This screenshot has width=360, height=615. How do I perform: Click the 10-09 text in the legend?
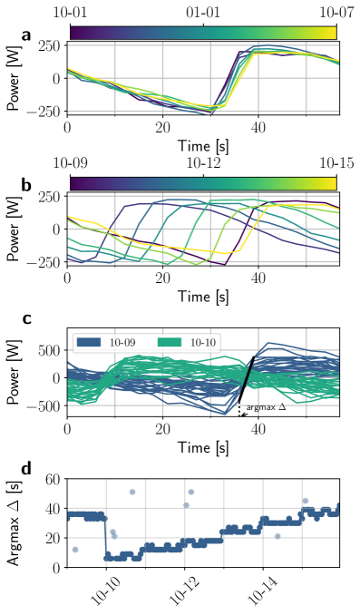click(122, 343)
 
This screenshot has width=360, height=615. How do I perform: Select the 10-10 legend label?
click(203, 343)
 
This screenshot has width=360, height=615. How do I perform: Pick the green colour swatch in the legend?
click(170, 343)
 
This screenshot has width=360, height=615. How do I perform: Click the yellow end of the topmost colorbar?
click(332, 33)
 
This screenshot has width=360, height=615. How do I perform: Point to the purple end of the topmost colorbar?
click(74, 33)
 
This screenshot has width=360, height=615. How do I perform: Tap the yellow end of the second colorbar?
click(332, 183)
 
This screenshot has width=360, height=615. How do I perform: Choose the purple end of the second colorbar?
click(74, 183)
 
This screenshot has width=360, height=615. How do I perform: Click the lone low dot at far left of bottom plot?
click(75, 550)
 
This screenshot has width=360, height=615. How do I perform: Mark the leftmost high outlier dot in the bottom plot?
click(132, 492)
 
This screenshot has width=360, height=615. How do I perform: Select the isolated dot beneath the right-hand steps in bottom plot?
click(277, 536)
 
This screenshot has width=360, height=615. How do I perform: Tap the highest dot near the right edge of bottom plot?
click(306, 501)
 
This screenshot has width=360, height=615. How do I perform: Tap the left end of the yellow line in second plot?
click(70, 218)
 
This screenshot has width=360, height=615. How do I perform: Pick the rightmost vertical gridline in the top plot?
click(306, 77)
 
